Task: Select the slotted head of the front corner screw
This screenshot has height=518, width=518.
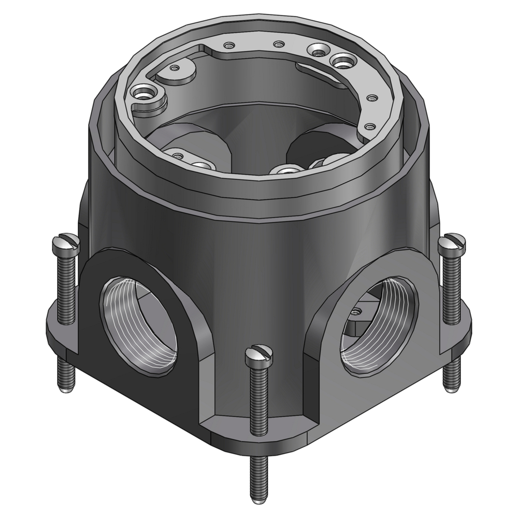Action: [x=258, y=354]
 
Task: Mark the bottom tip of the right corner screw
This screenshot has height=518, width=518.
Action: [x=452, y=385]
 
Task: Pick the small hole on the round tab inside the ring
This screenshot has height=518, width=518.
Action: [x=175, y=68]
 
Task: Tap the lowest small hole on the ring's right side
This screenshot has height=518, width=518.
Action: [x=369, y=126]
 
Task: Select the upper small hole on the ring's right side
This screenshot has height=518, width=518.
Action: [x=371, y=97]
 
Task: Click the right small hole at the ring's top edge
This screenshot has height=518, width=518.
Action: [x=279, y=44]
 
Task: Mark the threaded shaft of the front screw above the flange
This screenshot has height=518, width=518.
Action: [x=258, y=399]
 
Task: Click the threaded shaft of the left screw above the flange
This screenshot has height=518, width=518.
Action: [x=66, y=285]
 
